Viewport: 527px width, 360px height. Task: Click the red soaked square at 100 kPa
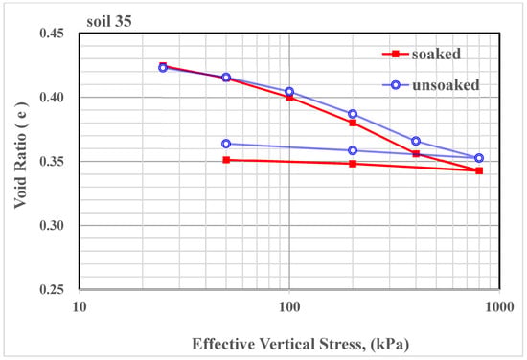[x=289, y=97]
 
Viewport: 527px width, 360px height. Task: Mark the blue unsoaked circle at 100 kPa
[x=289, y=92]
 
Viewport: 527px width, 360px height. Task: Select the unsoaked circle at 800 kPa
[x=479, y=158]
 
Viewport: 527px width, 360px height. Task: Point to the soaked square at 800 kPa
[x=479, y=170]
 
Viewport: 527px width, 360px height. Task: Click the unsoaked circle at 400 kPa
[x=416, y=141]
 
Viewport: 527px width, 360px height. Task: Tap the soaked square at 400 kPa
[x=416, y=153]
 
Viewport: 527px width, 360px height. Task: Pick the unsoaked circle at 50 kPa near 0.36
[x=226, y=144]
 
